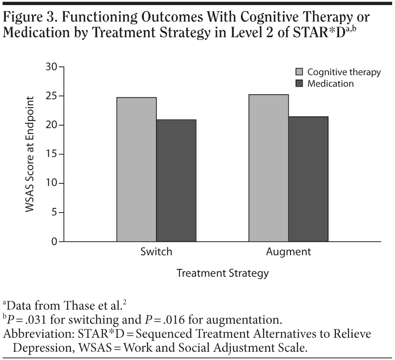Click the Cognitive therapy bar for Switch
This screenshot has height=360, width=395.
pos(136,169)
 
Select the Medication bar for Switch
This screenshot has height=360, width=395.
pos(176,180)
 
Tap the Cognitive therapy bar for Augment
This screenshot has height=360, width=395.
pos(268,168)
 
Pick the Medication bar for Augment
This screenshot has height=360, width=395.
pos(308,179)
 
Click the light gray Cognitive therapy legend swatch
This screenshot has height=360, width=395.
pos(299,72)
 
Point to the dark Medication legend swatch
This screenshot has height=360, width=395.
pos(299,84)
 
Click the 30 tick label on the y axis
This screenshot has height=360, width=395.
pos(51,67)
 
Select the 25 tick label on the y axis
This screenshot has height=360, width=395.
pos(51,96)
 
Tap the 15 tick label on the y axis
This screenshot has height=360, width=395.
pos(51,154)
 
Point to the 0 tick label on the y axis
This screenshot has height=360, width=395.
pos(54,242)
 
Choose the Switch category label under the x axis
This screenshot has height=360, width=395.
pos(156,252)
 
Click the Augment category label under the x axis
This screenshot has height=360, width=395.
pos(288,252)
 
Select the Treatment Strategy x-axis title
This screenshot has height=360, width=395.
pos(222,273)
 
